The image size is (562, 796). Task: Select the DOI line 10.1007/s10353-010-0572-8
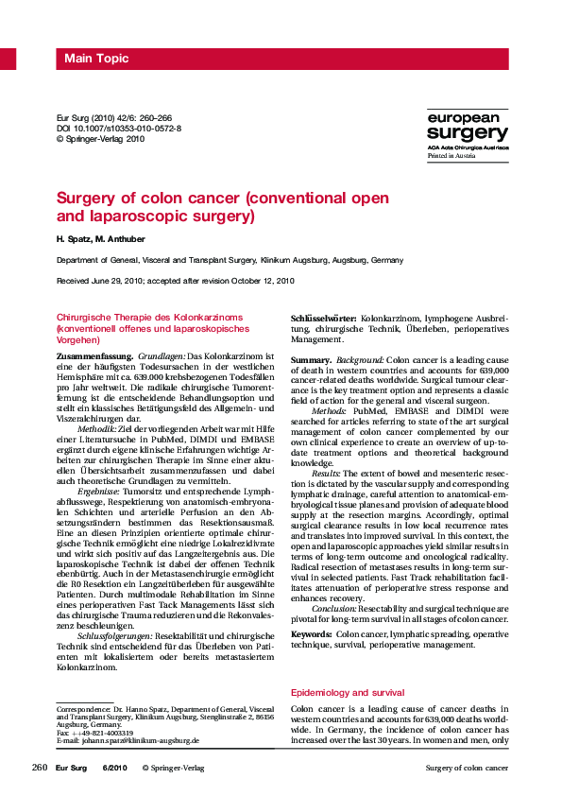click(120, 127)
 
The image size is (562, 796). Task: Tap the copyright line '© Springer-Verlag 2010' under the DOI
click(101, 138)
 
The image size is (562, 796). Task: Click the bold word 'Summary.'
click(310, 361)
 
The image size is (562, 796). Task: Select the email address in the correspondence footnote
click(140, 741)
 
